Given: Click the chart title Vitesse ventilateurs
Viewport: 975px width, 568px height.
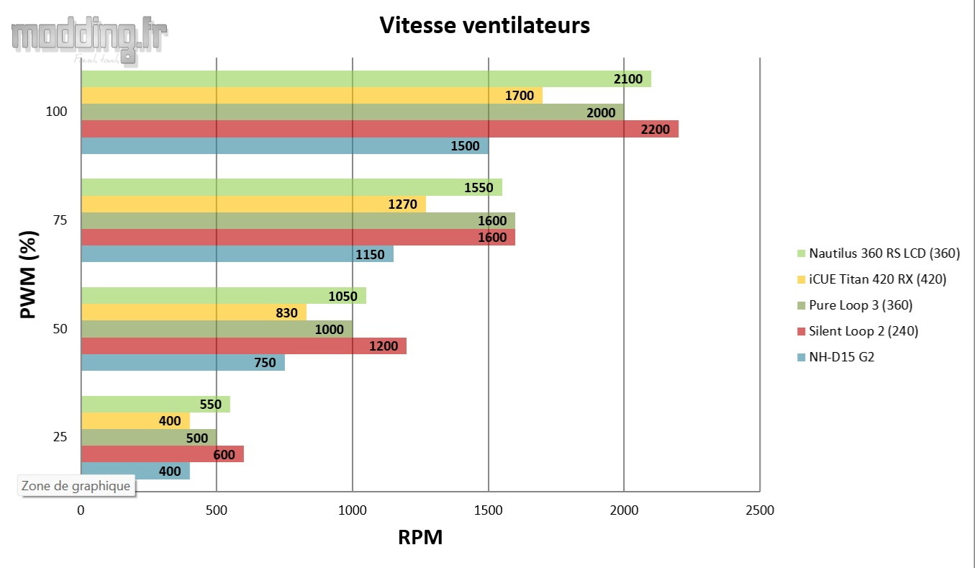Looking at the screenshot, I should coord(484,25).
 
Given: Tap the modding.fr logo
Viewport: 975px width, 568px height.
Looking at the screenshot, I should coord(89,40).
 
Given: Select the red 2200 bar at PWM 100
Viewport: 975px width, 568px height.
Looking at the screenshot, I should coord(379,129).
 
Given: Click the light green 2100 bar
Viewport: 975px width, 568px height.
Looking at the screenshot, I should coord(366,78).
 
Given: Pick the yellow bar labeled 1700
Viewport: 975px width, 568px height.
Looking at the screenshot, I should coord(312,95).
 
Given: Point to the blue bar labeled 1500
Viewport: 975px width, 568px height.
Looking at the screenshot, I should coord(284,145).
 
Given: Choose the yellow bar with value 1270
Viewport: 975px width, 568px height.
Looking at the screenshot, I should coord(253,204).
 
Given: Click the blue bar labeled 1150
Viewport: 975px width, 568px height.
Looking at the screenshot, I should coord(237,254).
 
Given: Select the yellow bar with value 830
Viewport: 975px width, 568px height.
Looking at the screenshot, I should coord(194,312).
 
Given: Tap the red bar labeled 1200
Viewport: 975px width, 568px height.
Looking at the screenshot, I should coord(243,346).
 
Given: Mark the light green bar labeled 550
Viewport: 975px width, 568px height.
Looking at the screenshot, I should coord(155,404).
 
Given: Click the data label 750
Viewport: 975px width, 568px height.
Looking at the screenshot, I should coord(265,363).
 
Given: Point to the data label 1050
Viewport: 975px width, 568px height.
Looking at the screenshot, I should coord(342,296).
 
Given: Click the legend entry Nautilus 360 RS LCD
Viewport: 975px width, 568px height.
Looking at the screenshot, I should coord(884,253).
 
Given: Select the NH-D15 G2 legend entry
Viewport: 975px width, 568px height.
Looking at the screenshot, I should coord(841,357).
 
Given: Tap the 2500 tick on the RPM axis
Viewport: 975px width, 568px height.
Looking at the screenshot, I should coord(760,510).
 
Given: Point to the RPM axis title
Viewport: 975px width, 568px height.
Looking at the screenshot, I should coord(420,537).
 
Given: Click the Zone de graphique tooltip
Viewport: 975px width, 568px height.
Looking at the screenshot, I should coord(76,486).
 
